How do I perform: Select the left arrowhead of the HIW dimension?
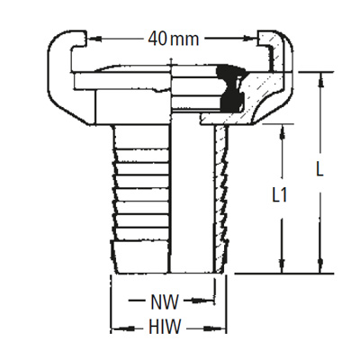[114, 328]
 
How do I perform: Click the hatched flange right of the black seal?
[270, 99]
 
